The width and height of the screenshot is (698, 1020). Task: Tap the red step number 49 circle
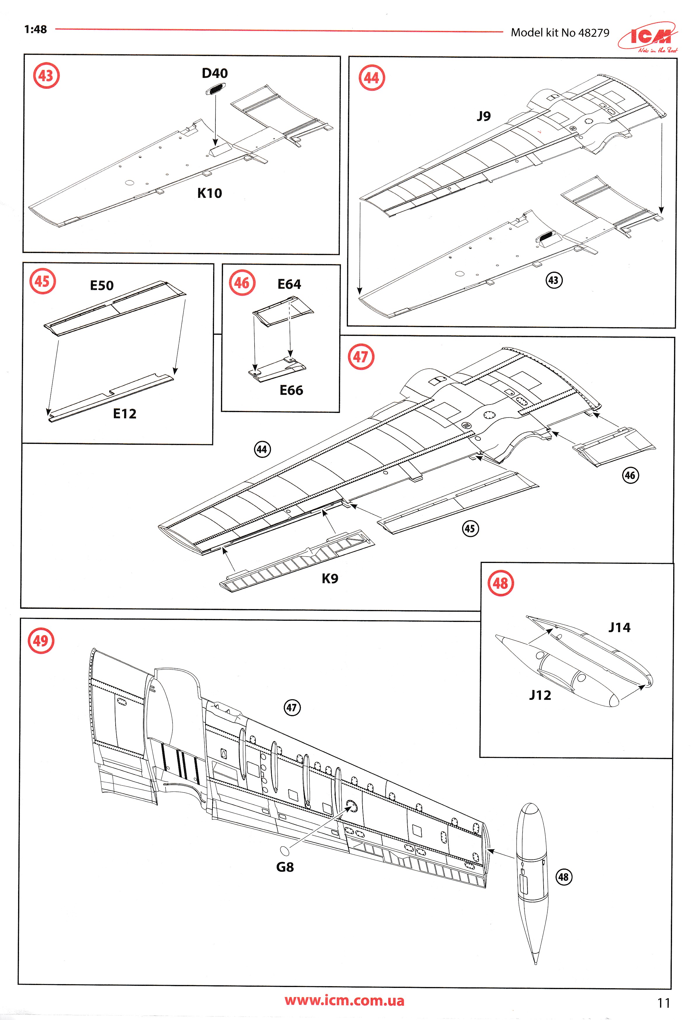pos(41,641)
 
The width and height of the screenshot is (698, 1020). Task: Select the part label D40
pos(215,73)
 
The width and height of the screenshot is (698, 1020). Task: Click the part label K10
pos(209,193)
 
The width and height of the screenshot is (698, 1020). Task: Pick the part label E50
pos(102,286)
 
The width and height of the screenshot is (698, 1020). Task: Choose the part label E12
pos(125,414)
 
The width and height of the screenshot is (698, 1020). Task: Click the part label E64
pos(289,285)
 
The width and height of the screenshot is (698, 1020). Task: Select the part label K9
pos(330,578)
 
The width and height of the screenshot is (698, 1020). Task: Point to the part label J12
pos(540,695)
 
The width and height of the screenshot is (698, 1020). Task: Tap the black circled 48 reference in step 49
pos(564,877)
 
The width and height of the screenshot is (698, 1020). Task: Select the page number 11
pos(663,1003)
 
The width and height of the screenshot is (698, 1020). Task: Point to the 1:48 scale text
pos(36,29)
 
